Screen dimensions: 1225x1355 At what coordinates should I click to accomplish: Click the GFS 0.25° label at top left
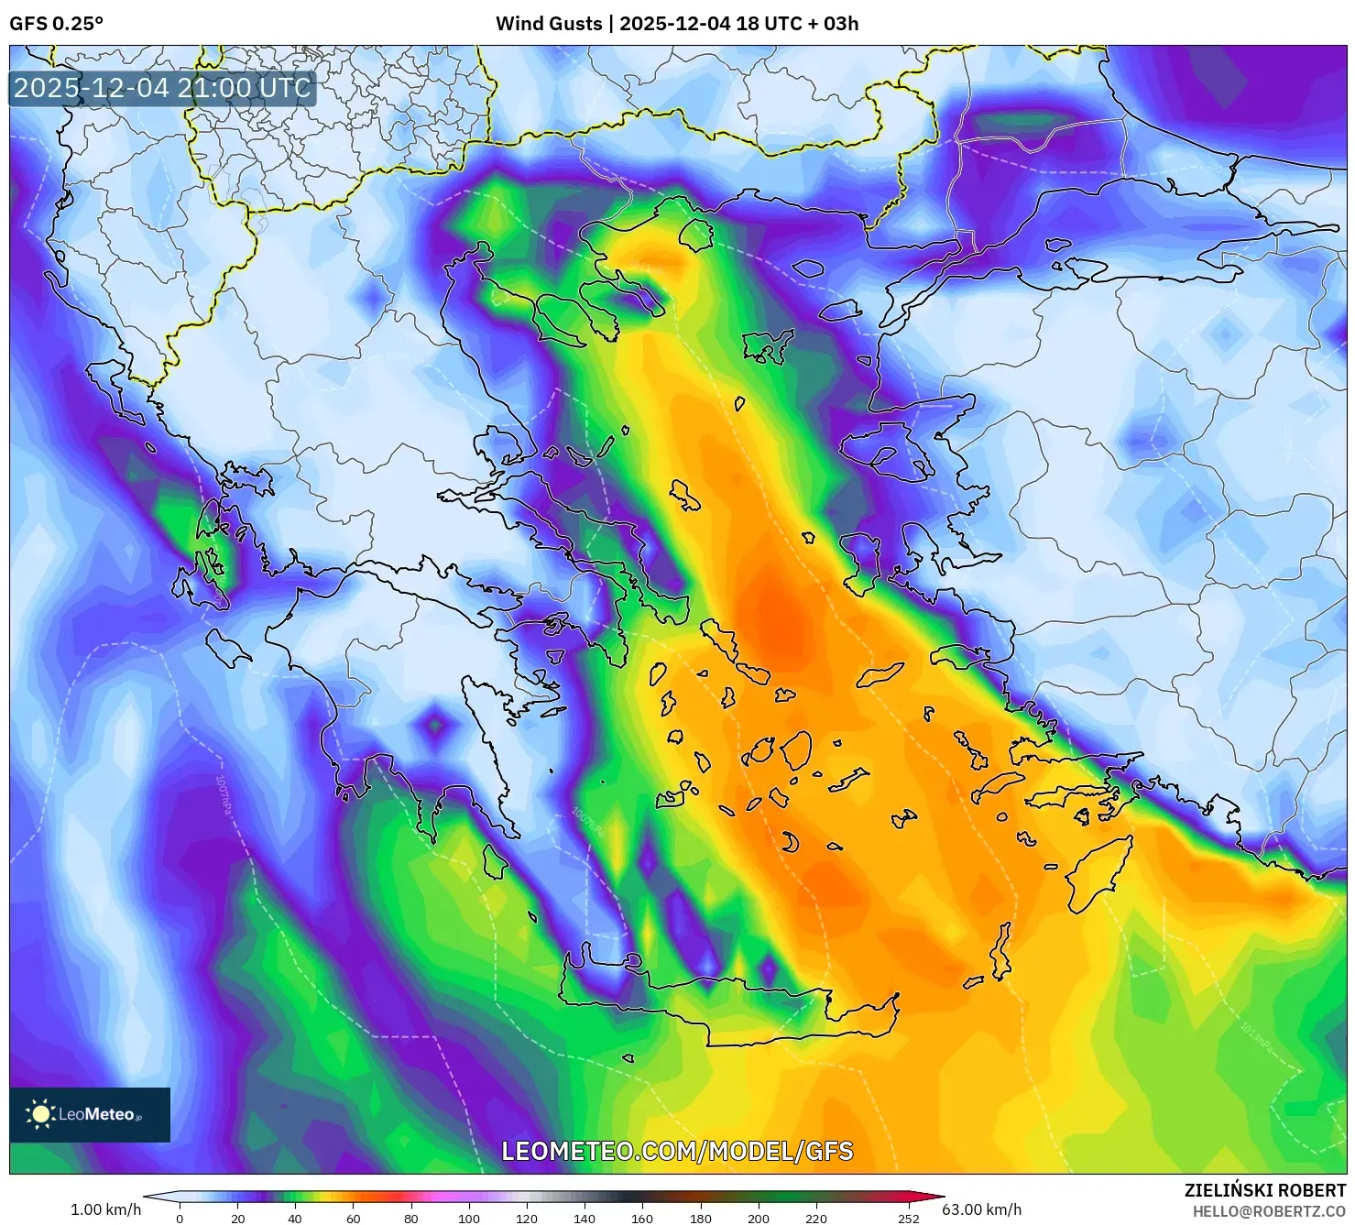(57, 24)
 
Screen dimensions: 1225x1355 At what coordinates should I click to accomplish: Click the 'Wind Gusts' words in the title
(549, 24)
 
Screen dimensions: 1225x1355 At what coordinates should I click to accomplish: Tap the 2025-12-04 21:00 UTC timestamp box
(162, 88)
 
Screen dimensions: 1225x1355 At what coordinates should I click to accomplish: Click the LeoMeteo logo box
(90, 1114)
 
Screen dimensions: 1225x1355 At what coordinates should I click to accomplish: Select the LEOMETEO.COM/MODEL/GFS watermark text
(677, 1151)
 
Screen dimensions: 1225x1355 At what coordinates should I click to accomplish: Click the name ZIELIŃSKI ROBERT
(1264, 1191)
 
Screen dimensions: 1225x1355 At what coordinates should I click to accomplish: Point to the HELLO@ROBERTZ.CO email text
(1269, 1211)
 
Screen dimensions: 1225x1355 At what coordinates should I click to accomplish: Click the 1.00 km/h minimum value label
(105, 1209)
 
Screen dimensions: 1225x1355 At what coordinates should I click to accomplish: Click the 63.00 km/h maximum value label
(981, 1209)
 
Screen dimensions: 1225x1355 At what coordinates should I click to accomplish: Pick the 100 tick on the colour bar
(468, 1219)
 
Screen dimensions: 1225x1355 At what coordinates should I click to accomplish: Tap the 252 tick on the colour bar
(908, 1219)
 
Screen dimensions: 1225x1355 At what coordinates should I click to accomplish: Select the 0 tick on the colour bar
(180, 1219)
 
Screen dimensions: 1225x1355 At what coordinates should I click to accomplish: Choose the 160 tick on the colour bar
(642, 1219)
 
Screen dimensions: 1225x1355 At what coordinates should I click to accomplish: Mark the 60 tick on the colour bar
(353, 1219)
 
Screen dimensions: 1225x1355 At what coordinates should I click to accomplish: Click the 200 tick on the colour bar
(758, 1219)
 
